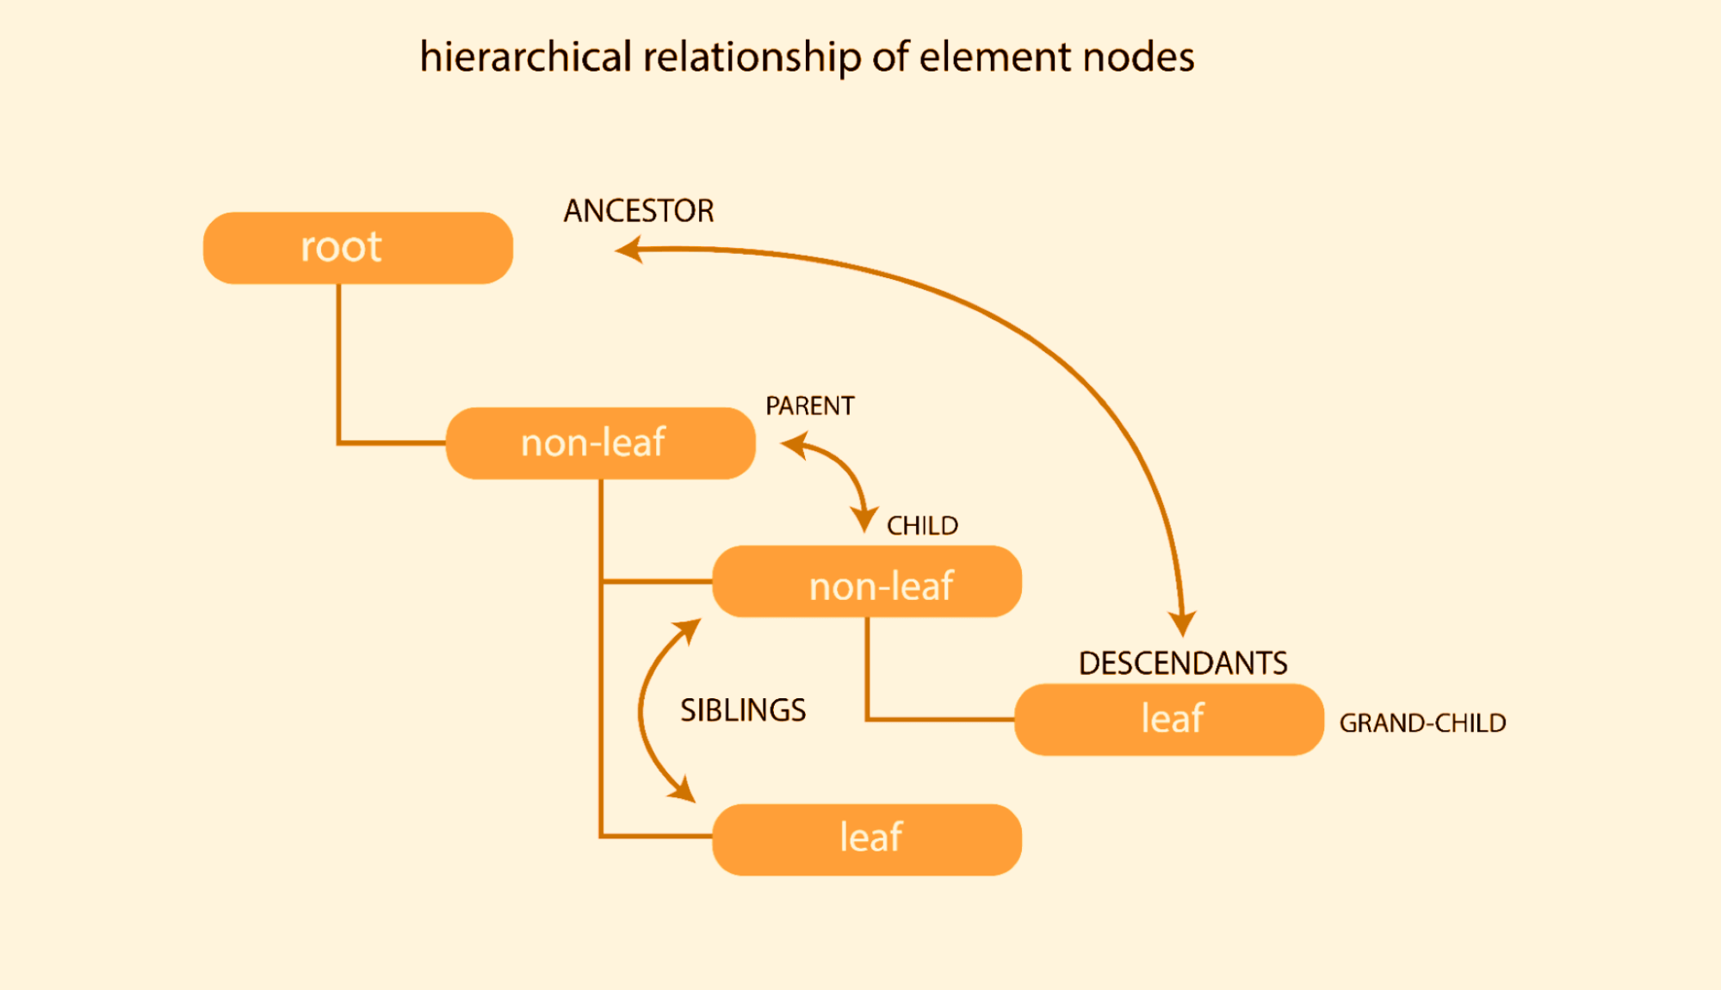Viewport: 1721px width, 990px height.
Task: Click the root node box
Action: pyautogui.click(x=357, y=248)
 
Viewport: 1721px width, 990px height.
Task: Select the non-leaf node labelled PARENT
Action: pyautogui.click(x=600, y=443)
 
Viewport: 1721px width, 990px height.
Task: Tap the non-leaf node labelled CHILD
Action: pyautogui.click(x=866, y=582)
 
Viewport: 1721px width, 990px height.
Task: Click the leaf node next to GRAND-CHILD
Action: pyautogui.click(x=1168, y=720)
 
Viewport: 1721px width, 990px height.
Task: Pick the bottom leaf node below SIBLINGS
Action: pyautogui.click(x=866, y=839)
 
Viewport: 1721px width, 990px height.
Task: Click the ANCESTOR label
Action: pyautogui.click(x=638, y=211)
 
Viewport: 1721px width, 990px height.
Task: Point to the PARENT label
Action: pyautogui.click(x=809, y=405)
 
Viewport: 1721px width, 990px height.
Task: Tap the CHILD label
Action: pyautogui.click(x=922, y=525)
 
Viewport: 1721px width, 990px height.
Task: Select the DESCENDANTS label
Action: pyautogui.click(x=1182, y=663)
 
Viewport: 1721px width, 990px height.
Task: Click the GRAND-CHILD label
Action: pyautogui.click(x=1422, y=723)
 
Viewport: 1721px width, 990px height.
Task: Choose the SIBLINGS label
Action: pyautogui.click(x=742, y=710)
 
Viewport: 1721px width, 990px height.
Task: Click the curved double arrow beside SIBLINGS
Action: pyautogui.click(x=642, y=710)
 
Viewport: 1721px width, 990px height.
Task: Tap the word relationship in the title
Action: pyautogui.click(x=752, y=58)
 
